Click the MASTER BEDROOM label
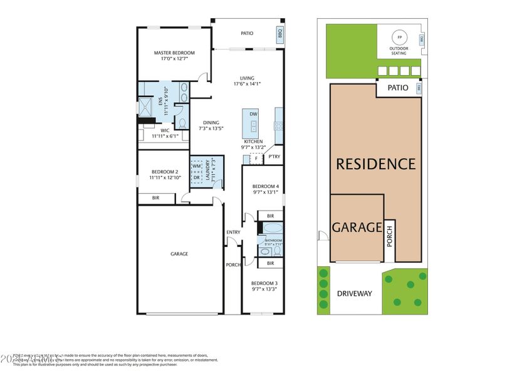click(x=174, y=53)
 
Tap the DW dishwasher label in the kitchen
click(x=253, y=114)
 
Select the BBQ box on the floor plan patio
click(x=279, y=33)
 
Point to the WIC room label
click(x=165, y=131)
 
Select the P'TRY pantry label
click(x=274, y=157)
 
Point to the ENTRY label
click(x=233, y=232)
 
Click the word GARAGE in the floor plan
click(x=179, y=254)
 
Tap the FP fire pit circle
click(x=399, y=38)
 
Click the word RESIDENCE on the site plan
click(x=375, y=164)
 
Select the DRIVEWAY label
click(x=354, y=293)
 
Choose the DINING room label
click(x=211, y=122)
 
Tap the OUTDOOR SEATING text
click(x=399, y=51)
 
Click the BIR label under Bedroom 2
click(x=155, y=199)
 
